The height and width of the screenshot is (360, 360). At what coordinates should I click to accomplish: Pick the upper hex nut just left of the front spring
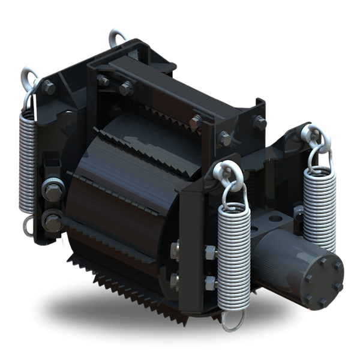[x=209, y=250]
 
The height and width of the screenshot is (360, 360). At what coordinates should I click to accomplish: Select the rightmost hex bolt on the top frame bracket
[x=260, y=122]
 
